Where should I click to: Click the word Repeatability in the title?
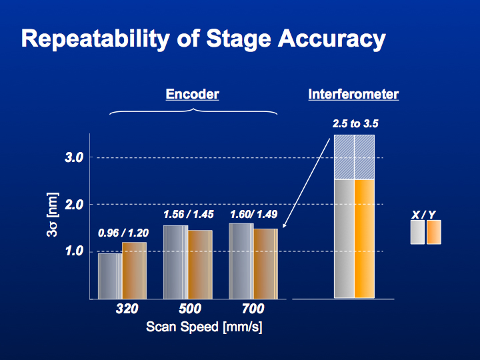click(95, 39)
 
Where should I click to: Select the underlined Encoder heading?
click(192, 94)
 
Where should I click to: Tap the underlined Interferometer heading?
click(353, 94)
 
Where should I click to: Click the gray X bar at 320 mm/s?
click(110, 276)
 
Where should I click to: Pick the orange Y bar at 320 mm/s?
click(135, 271)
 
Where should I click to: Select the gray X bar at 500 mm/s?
click(176, 263)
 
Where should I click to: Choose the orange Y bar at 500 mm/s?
click(200, 265)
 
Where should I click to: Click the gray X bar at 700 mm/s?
click(241, 261)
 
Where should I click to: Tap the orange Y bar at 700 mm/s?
click(266, 264)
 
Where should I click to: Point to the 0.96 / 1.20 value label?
click(123, 233)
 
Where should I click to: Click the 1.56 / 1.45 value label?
click(188, 214)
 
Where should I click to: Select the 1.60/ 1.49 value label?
click(254, 214)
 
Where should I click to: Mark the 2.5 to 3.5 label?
click(355, 124)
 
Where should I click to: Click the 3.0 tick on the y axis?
click(74, 157)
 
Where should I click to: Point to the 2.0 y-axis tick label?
click(74, 205)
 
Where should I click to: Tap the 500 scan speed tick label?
click(190, 309)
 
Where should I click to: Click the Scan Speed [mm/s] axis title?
click(204, 327)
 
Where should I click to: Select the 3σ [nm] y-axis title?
click(53, 214)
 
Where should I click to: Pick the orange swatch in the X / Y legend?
click(434, 232)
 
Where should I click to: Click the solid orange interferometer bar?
click(364, 239)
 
